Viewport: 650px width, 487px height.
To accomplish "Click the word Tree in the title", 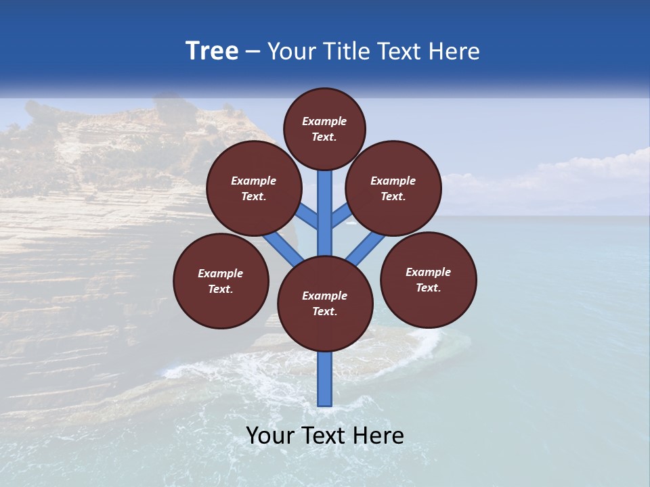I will [212, 51].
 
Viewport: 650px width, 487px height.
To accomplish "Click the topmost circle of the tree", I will [324, 129].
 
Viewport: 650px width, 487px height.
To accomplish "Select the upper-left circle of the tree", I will [254, 188].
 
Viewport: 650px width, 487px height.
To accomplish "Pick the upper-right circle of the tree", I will [393, 188].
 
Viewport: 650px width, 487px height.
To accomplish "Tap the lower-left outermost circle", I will [221, 281].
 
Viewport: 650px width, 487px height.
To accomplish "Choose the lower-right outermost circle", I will [429, 279].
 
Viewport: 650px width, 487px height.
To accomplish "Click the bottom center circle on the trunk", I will [325, 304].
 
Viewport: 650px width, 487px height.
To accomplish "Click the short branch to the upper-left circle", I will [306, 217].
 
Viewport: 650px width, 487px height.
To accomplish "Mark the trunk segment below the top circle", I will [325, 203].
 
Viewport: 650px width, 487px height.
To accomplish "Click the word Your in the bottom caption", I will [270, 436].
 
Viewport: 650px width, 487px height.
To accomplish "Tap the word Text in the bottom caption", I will [324, 436].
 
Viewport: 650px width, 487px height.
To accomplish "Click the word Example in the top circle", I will [324, 121].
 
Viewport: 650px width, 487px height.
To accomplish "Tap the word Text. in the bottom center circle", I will [324, 312].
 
